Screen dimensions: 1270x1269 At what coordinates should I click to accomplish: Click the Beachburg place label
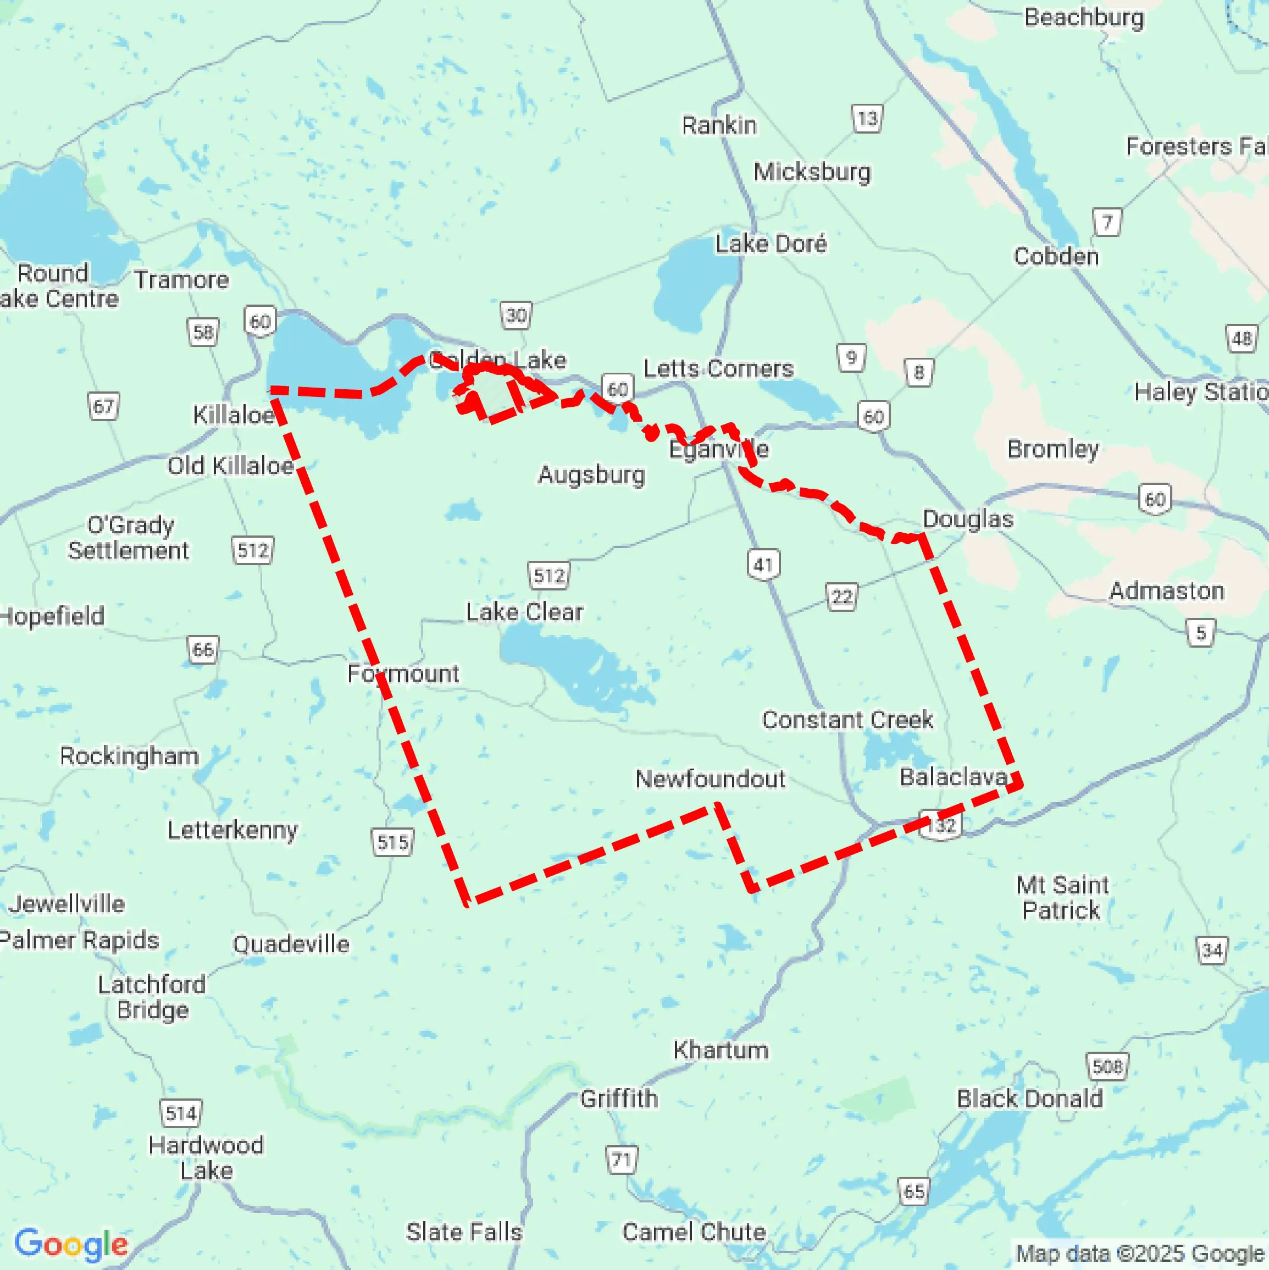[1084, 18]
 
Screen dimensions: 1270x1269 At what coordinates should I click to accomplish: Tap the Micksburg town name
[812, 172]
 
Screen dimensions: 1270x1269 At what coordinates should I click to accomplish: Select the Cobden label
[1055, 256]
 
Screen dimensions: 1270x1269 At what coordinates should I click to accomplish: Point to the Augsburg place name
[591, 474]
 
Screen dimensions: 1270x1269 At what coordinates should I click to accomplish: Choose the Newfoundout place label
[710, 779]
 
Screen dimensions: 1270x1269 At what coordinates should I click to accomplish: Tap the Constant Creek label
[847, 720]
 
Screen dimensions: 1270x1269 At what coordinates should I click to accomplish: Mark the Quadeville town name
[291, 945]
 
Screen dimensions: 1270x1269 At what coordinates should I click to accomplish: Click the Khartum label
[721, 1050]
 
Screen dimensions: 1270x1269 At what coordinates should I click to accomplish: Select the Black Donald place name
[1029, 1098]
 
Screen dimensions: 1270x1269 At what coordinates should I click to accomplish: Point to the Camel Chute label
[694, 1231]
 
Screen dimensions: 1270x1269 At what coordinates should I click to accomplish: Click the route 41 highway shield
[763, 565]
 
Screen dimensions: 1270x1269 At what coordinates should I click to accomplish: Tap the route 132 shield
[940, 825]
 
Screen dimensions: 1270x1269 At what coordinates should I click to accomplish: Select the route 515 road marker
[392, 842]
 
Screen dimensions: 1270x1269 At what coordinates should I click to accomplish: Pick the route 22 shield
[841, 597]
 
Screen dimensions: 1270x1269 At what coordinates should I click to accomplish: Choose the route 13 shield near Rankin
[867, 119]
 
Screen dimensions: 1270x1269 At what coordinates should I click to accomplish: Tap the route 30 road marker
[516, 316]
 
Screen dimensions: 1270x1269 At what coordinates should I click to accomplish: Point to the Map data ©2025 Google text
[1140, 1254]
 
